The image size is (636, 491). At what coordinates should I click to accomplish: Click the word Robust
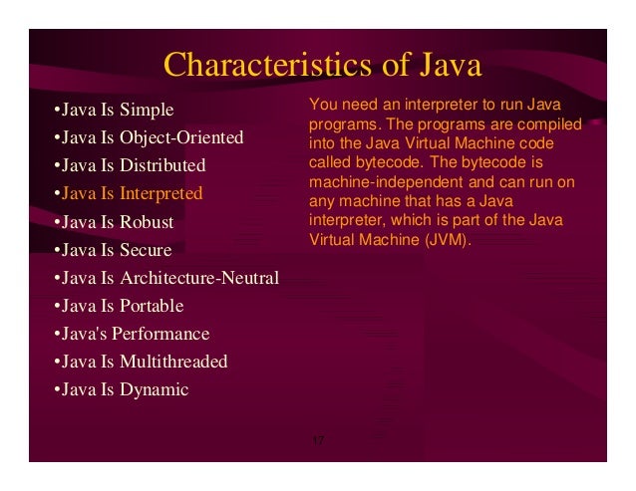(146, 222)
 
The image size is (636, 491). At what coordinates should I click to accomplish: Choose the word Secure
(145, 250)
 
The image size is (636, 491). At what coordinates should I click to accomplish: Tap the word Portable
(151, 306)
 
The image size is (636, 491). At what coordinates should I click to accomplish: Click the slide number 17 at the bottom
(318, 440)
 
